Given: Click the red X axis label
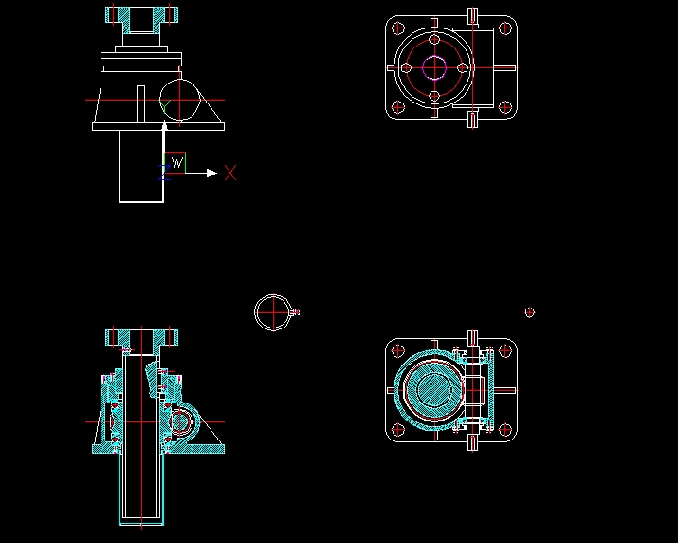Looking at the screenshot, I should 230,173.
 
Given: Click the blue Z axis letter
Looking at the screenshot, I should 163,171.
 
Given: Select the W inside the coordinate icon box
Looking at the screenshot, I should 176,163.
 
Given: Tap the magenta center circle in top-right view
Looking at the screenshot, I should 434,67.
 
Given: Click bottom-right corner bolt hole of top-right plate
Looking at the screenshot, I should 504,106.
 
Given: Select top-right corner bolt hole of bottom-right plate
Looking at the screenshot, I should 504,351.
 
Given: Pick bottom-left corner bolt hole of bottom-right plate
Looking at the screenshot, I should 397,429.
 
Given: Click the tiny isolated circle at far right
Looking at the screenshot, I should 530,312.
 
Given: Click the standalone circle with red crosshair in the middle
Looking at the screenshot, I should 271,311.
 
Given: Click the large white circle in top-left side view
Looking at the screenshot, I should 180,100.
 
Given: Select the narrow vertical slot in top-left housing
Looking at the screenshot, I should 140,104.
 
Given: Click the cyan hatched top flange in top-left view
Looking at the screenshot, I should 141,16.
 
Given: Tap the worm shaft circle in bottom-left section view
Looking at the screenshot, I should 179,419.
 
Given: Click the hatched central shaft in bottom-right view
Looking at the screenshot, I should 435,390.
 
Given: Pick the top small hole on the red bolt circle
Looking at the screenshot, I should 434,41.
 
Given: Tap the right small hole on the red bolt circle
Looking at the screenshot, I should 462,67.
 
